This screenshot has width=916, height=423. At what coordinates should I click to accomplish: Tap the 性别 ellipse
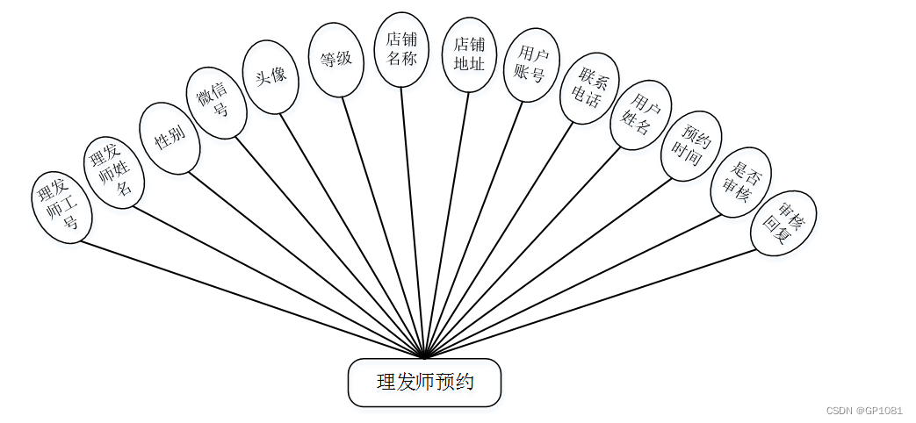point(168,138)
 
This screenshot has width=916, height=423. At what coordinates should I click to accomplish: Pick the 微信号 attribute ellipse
point(216,102)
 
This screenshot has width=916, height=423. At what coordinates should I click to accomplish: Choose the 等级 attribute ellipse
point(335,60)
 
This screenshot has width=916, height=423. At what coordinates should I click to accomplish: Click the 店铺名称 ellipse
point(401,49)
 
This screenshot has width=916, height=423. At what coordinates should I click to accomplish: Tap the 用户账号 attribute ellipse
point(531,67)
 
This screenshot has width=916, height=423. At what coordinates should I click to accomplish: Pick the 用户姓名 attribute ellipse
point(641,115)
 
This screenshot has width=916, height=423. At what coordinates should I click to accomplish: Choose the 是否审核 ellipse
point(740,182)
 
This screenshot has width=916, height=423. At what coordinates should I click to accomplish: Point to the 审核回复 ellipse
point(784,223)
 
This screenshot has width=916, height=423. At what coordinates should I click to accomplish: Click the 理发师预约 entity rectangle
point(425,383)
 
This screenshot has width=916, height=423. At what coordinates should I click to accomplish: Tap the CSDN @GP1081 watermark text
point(864,410)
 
